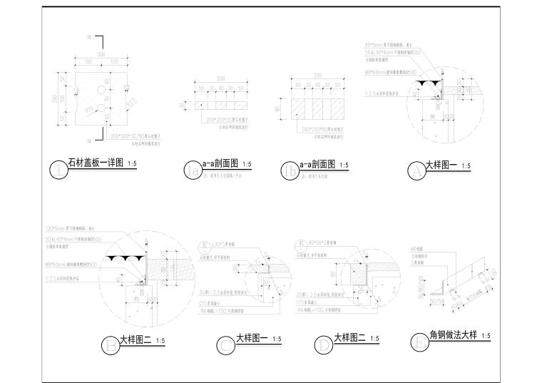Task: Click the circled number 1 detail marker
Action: coord(59,169)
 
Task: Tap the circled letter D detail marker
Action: coord(324,346)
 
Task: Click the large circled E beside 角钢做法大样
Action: coord(421,342)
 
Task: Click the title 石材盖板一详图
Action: coord(95,163)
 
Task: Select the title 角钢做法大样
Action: coord(451,335)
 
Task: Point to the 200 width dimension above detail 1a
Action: coord(221,78)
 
